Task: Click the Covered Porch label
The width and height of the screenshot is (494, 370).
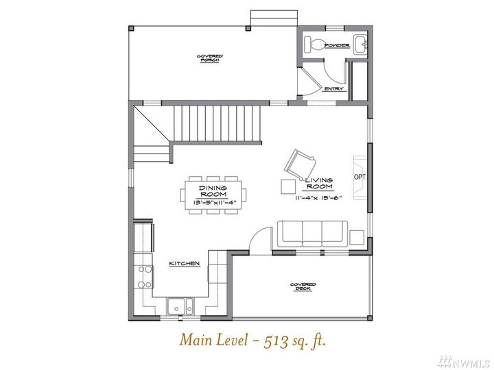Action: tap(209, 58)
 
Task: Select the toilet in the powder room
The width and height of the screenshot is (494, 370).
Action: tap(316, 45)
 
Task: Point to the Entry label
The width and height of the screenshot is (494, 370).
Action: tap(333, 89)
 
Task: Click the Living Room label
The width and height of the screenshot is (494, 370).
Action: tap(319, 183)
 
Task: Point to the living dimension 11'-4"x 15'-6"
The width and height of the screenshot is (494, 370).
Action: tap(319, 198)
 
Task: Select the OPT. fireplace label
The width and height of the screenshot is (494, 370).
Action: tap(360, 177)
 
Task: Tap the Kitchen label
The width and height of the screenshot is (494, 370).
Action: tap(185, 263)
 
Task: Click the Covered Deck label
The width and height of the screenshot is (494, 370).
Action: tap(303, 286)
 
